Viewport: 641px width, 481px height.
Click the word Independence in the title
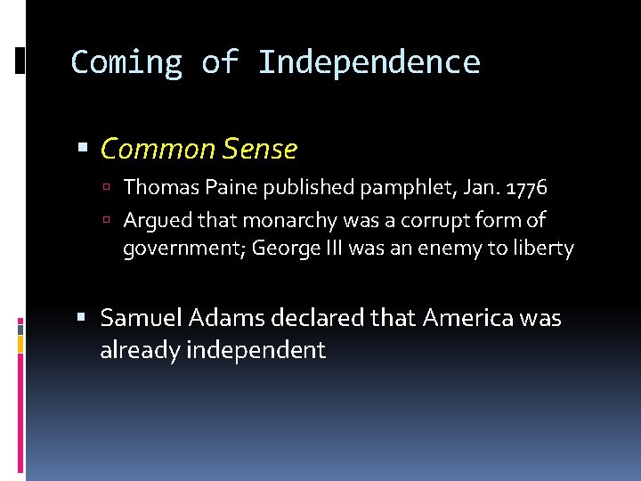tap(369, 62)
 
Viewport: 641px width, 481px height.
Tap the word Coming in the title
tap(126, 62)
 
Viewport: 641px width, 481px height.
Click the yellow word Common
tap(156, 149)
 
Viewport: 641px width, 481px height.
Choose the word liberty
tap(543, 249)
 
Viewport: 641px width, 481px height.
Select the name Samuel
tap(138, 318)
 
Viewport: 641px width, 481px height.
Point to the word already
tap(139, 350)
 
